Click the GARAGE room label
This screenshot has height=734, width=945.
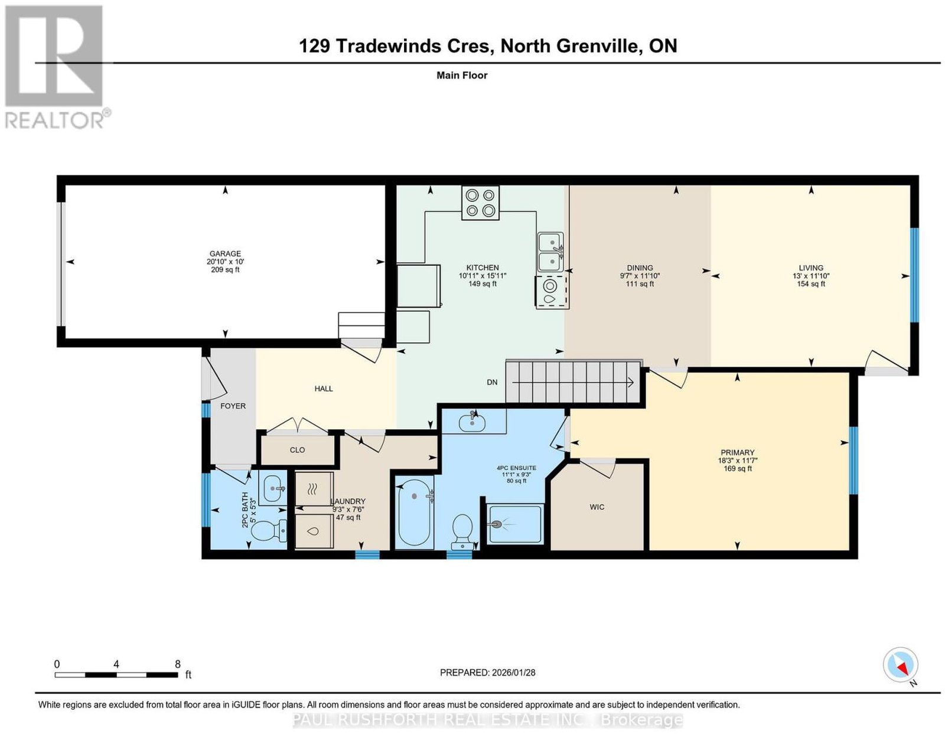click(225, 253)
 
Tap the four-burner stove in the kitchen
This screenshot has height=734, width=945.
click(480, 203)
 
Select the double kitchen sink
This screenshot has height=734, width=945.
click(550, 252)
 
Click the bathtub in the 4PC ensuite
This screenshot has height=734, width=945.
click(415, 513)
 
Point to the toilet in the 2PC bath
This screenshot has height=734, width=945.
click(270, 531)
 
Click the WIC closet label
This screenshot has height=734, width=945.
click(597, 507)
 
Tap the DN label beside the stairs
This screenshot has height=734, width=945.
click(492, 383)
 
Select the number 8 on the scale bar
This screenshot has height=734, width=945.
click(177, 664)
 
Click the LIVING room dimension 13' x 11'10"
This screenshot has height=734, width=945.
click(810, 276)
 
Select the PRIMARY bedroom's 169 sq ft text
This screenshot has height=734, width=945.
click(738, 468)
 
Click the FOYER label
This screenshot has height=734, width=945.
click(233, 406)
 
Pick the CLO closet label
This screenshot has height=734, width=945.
click(298, 450)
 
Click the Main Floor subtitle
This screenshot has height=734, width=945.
click(462, 75)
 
